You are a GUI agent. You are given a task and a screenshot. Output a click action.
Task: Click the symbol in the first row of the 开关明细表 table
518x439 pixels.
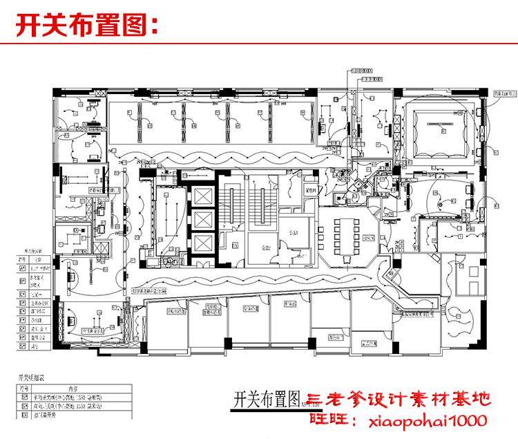pyautogui.click(x=22, y=398)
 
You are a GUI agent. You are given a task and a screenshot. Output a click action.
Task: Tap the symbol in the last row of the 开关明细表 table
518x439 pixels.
pyautogui.click(x=22, y=416)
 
